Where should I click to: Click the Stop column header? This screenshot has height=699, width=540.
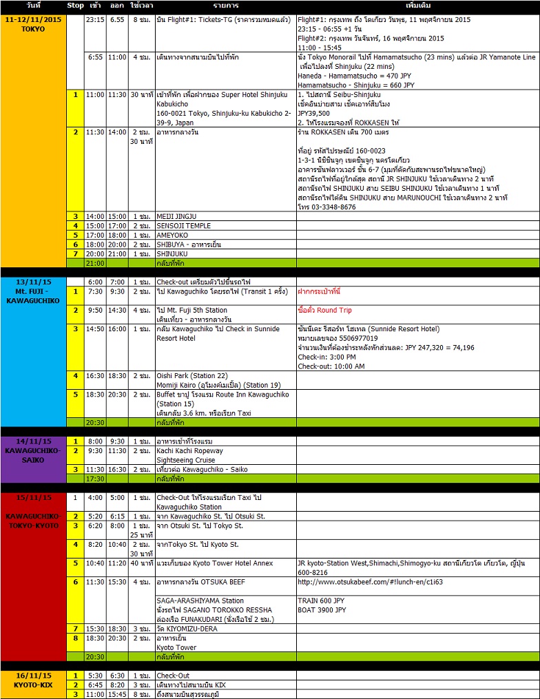[x=76, y=6]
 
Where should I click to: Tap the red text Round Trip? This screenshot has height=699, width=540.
[x=335, y=311]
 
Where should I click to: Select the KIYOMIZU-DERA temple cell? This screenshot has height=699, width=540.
[x=189, y=629]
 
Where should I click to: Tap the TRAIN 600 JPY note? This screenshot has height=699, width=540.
[x=322, y=601]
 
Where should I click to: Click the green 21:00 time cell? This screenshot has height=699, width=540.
[x=95, y=264]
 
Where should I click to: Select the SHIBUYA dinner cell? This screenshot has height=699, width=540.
[x=189, y=244]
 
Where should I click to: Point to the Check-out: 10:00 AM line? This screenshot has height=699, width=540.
[x=331, y=366]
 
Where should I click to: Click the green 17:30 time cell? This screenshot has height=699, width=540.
[x=95, y=479]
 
